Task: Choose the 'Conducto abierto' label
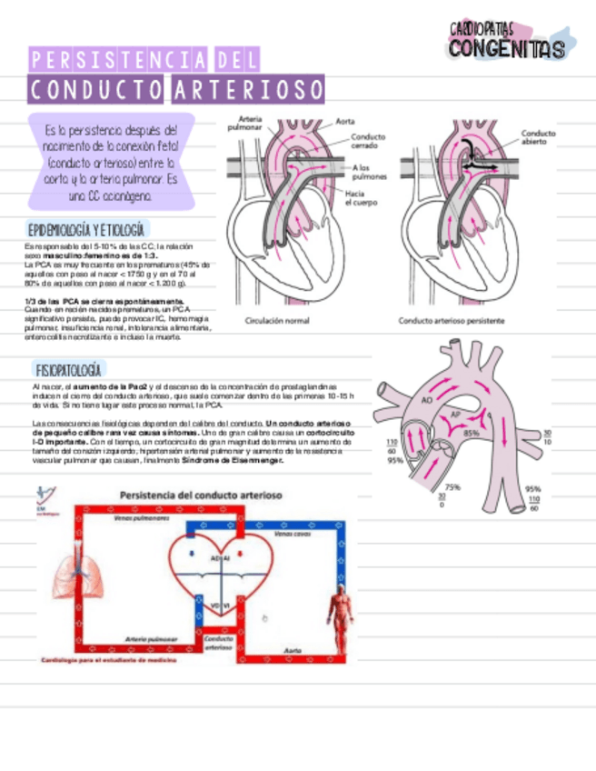pyautogui.click(x=538, y=137)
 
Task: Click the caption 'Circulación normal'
pyautogui.click(x=277, y=320)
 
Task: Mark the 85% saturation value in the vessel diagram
pyautogui.click(x=472, y=433)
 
